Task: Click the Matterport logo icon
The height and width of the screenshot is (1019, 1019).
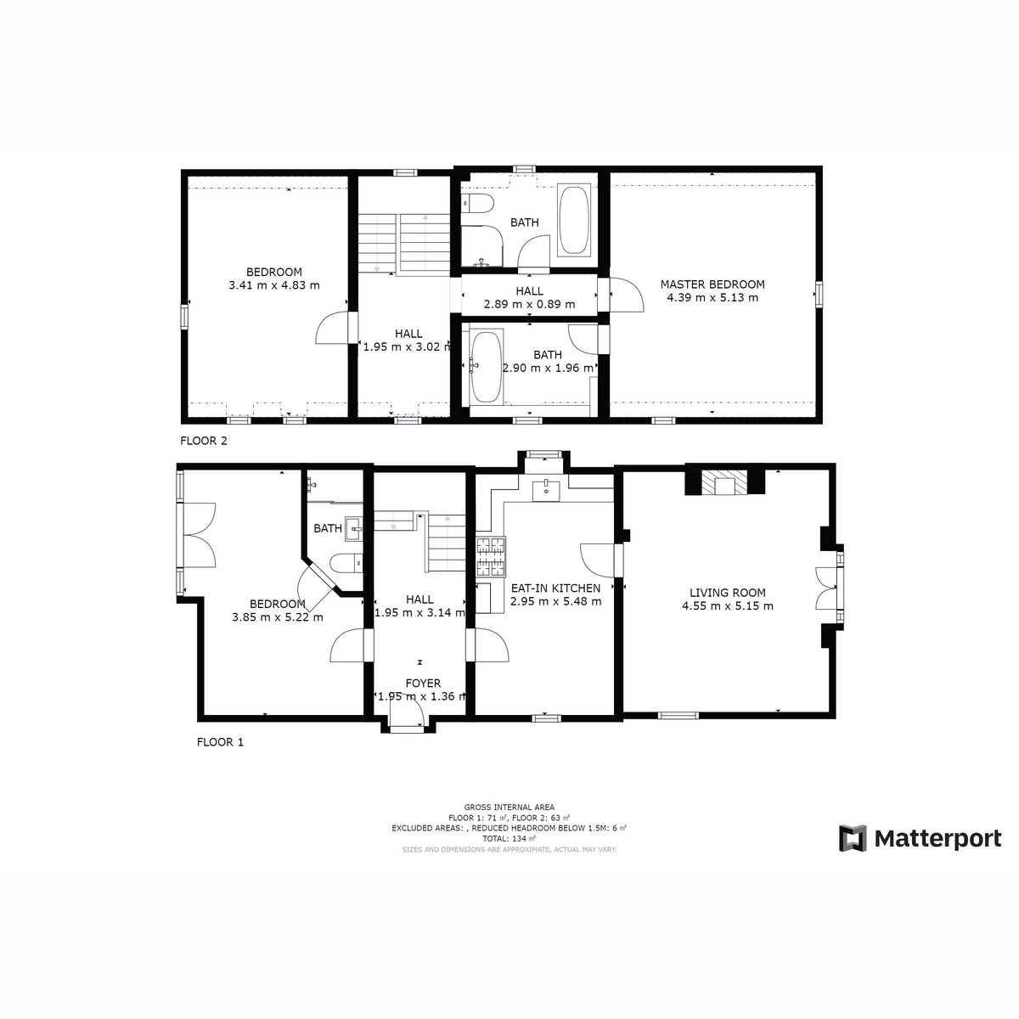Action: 853,838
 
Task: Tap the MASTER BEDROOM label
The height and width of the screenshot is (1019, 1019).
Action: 712,284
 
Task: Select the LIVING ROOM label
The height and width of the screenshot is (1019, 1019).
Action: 727,593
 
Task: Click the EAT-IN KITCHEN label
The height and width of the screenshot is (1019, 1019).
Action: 555,588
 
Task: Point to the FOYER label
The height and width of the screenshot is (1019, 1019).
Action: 423,684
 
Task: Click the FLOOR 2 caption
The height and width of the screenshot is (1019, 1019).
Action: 204,441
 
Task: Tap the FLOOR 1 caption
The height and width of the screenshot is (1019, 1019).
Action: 220,742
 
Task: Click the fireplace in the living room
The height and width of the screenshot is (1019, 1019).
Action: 725,481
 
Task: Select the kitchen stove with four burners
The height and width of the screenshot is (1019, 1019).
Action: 492,556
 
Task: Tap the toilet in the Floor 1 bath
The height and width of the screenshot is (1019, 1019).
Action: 346,563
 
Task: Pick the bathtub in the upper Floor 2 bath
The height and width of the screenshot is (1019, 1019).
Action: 574,220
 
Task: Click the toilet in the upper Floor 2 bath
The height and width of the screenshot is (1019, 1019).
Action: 477,203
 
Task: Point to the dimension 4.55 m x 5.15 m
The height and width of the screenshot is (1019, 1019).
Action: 727,606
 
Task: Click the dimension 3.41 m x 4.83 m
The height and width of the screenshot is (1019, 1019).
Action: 274,285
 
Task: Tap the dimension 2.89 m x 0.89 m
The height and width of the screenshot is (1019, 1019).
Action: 529,304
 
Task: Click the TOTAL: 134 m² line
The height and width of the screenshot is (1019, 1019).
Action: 509,839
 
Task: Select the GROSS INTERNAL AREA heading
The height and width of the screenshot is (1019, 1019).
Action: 509,807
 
